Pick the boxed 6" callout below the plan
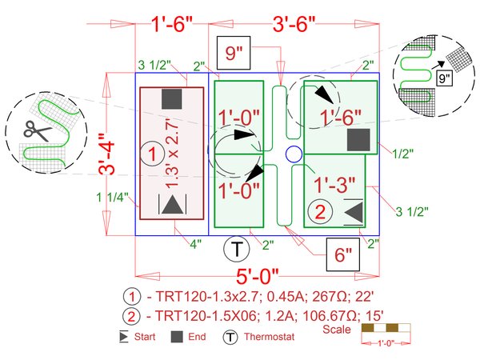click(x=343, y=255)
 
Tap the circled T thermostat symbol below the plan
click(x=236, y=250)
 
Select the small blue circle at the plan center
click(x=293, y=154)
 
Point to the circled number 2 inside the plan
click(x=320, y=212)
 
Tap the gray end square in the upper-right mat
click(x=358, y=139)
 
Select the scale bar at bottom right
click(x=386, y=329)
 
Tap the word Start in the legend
click(x=145, y=337)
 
